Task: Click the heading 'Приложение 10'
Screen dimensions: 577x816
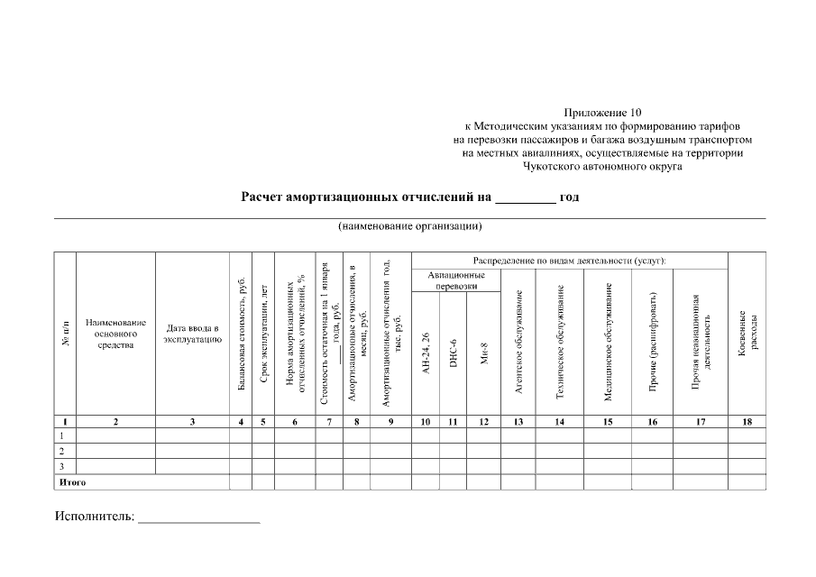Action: click(601, 114)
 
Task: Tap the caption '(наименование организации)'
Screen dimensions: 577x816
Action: click(410, 226)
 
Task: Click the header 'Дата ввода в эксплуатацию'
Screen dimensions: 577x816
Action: click(192, 334)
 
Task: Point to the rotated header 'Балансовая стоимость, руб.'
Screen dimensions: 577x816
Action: click(241, 334)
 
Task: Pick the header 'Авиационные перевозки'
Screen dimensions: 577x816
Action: click(456, 279)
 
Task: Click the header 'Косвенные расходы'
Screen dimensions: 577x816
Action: click(747, 334)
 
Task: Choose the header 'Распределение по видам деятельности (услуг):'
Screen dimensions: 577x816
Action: click(569, 260)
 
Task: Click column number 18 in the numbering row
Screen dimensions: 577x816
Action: click(747, 421)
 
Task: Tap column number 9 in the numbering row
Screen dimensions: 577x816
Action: click(390, 421)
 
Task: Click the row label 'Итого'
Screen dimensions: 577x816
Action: click(72, 482)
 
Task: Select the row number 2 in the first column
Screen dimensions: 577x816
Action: click(61, 450)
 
